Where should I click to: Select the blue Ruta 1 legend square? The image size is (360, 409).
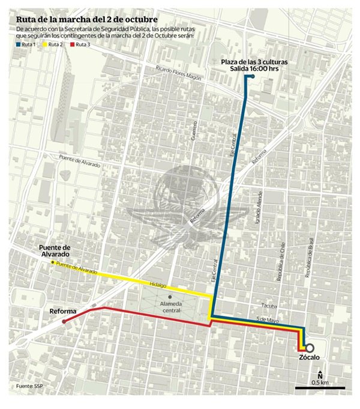18,44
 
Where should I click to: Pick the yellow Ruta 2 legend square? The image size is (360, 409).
46,44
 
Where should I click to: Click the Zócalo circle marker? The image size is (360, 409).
309,348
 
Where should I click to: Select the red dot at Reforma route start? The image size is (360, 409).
64,321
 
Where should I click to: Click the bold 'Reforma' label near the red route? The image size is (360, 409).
62,311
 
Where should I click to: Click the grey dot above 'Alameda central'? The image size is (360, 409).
170,297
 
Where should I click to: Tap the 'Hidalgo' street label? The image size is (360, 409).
158,286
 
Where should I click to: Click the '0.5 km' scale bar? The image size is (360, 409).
319,389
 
